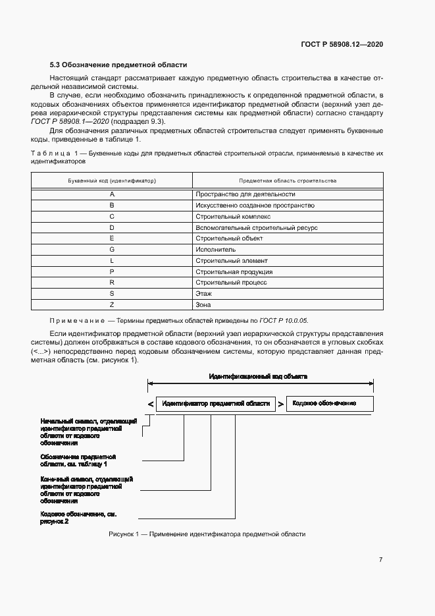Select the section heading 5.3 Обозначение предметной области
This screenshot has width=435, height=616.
(118, 65)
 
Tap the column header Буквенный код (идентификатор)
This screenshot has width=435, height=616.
(112, 180)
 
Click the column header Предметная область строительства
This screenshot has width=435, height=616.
(288, 180)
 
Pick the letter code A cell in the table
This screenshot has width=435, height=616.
(112, 194)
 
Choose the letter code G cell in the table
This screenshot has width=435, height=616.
(112, 250)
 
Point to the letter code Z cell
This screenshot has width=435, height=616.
(112, 305)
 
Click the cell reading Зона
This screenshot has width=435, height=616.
(203, 305)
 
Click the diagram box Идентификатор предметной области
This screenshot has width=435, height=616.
(216, 404)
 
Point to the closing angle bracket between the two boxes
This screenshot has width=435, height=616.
(281, 404)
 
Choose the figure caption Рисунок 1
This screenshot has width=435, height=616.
(207, 534)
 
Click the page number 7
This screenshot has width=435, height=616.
(380, 559)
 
